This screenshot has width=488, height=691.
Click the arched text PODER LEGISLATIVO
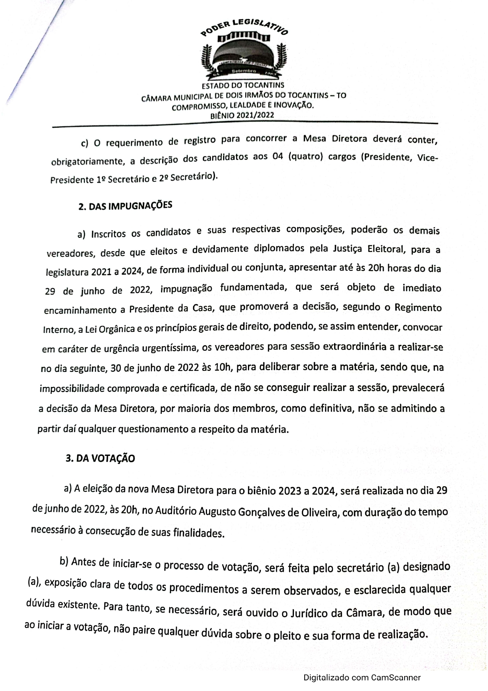click(244, 28)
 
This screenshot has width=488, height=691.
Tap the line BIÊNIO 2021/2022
click(242, 115)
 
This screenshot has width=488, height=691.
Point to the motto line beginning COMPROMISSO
click(243, 106)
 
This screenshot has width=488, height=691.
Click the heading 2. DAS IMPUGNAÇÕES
click(125, 206)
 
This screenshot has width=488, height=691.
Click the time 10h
click(222, 368)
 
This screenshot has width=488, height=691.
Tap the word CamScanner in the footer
click(396, 678)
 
